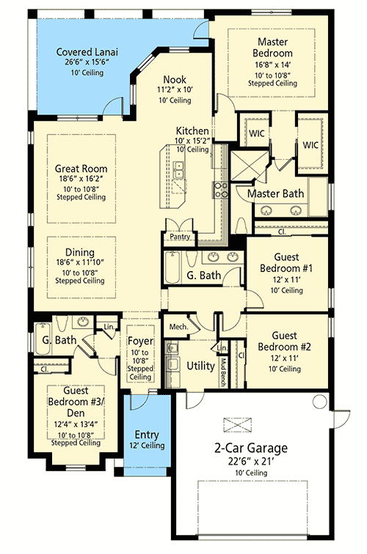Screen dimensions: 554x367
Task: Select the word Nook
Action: click(175, 79)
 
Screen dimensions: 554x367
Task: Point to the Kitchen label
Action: click(192, 130)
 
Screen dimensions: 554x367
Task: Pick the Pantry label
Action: click(180, 237)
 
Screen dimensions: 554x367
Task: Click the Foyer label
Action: click(139, 341)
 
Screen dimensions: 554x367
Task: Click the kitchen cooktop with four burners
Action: click(219, 191)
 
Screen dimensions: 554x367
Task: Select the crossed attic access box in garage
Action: click(236, 424)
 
